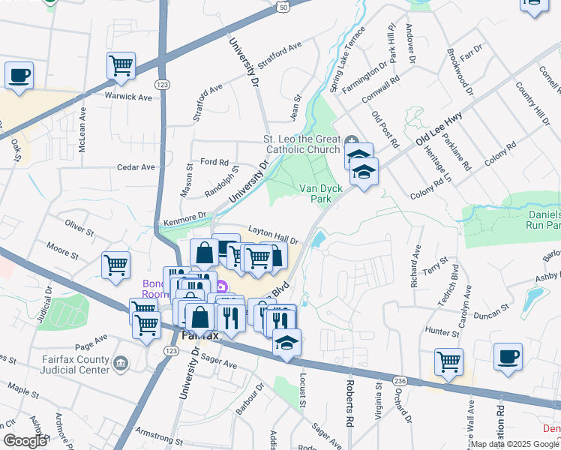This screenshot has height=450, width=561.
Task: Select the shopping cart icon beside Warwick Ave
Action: pos(121,65)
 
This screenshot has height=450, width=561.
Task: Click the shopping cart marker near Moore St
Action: pos(116,265)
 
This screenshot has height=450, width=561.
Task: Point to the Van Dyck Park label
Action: pos(316,193)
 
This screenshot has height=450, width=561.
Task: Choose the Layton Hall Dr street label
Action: pos(274,236)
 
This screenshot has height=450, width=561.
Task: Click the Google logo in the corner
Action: pos(25,441)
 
